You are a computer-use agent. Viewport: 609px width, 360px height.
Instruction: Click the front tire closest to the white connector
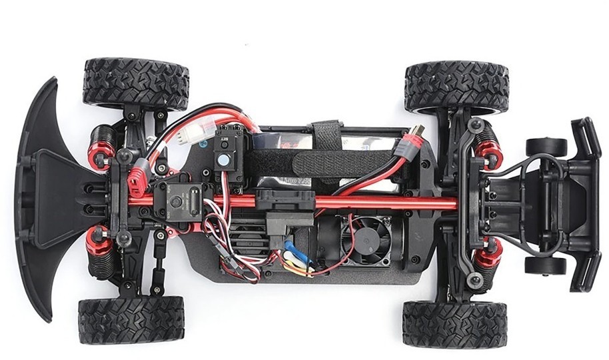pos(135,83)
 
